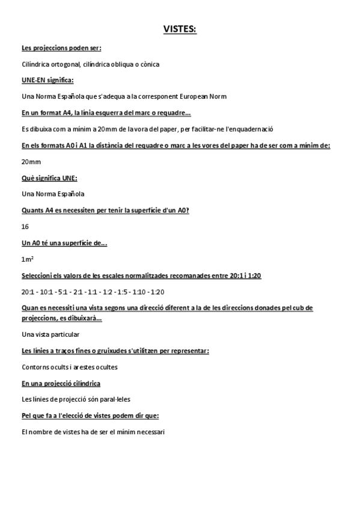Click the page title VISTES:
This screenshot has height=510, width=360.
pos(180,29)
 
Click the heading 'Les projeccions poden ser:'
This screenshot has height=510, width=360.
pos(61,48)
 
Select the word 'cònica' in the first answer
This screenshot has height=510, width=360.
pos(150,64)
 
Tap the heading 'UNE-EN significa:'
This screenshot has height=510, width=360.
pos(47,80)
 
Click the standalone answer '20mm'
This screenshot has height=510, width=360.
pos(31,161)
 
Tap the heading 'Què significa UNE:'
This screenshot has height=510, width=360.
pos(49,177)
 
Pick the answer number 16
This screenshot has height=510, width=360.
pos(25,227)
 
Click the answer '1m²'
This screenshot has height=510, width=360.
pos(26,259)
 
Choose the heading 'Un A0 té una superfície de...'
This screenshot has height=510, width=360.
pos(64,243)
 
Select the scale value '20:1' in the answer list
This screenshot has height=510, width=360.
pos(27,292)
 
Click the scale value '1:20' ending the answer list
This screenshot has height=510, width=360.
pos(157,292)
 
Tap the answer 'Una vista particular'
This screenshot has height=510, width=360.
pos(50,334)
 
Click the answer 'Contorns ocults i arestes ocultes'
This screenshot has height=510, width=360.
pos(70,367)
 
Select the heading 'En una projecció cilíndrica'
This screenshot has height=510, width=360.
pos(61,383)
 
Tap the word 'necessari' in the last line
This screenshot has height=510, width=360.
pos(150,432)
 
